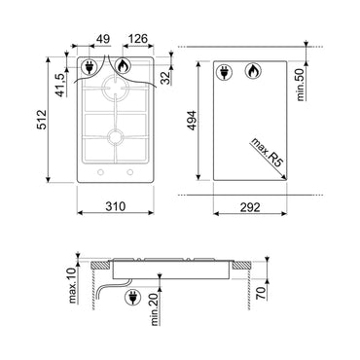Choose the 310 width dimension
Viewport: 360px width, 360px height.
(x=116, y=205)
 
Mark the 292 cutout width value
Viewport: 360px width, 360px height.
(x=253, y=205)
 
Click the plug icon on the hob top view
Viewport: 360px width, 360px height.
(x=91, y=68)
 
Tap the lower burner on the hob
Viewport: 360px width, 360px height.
(x=116, y=137)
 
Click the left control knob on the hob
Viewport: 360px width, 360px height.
(x=97, y=175)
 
